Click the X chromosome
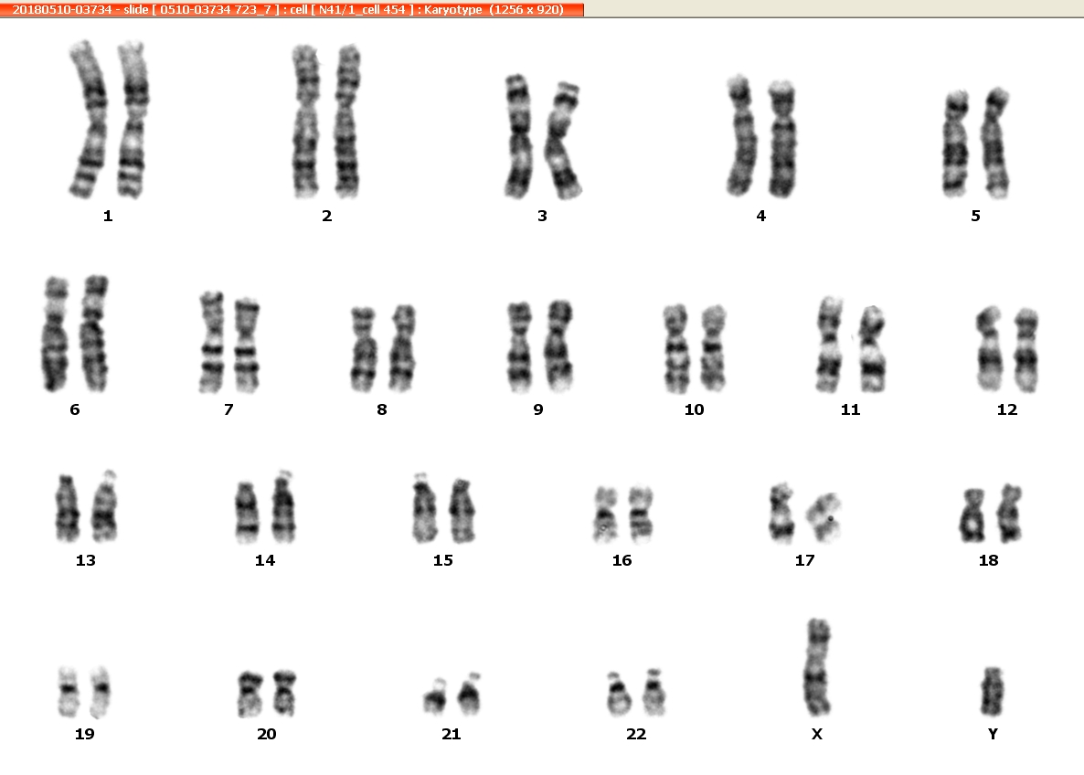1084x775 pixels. [x=818, y=667]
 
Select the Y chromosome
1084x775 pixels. [x=993, y=691]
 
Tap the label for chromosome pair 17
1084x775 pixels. [x=804, y=560]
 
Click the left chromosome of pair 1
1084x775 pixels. [x=89, y=119]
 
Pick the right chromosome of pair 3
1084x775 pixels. [x=563, y=141]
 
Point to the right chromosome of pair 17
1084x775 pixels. [x=824, y=516]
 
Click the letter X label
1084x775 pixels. [x=816, y=734]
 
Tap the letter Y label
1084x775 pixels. [x=993, y=734]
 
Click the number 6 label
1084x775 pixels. [x=75, y=409]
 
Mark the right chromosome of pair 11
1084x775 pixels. [x=873, y=349]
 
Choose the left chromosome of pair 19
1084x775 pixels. [x=68, y=691]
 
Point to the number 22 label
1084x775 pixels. [x=636, y=734]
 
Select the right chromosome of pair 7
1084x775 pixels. [x=246, y=345]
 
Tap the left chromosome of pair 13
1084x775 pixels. [x=67, y=508]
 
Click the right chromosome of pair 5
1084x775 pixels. [x=996, y=143]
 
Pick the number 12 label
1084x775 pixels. [x=1007, y=409]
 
